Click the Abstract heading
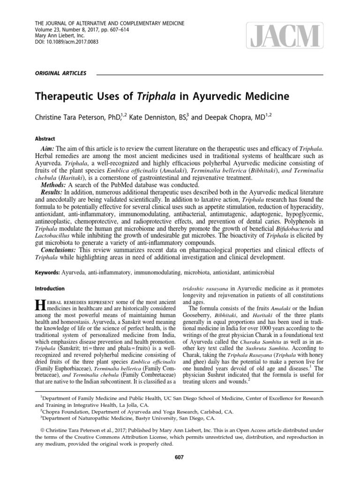45,139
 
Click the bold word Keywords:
48,272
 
